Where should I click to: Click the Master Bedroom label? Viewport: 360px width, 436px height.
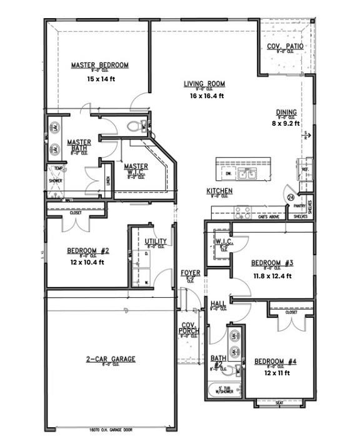click(99, 65)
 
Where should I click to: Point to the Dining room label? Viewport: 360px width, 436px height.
click(286, 113)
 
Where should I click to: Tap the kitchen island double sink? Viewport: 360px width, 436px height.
click(251, 173)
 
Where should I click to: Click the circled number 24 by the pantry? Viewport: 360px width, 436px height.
click(291, 197)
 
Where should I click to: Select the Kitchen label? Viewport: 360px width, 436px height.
click(220, 191)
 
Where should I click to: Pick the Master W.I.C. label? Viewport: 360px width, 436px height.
click(136, 167)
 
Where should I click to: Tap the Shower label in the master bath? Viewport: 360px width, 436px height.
click(56, 183)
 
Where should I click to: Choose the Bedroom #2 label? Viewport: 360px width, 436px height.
click(88, 251)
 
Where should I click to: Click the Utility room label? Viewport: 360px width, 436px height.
click(155, 241)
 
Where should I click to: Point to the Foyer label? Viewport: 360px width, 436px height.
click(190, 273)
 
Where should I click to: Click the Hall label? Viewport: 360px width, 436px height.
click(219, 304)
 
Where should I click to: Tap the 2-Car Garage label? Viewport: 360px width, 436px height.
click(111, 359)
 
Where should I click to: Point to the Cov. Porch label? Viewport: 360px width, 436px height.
click(189, 328)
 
